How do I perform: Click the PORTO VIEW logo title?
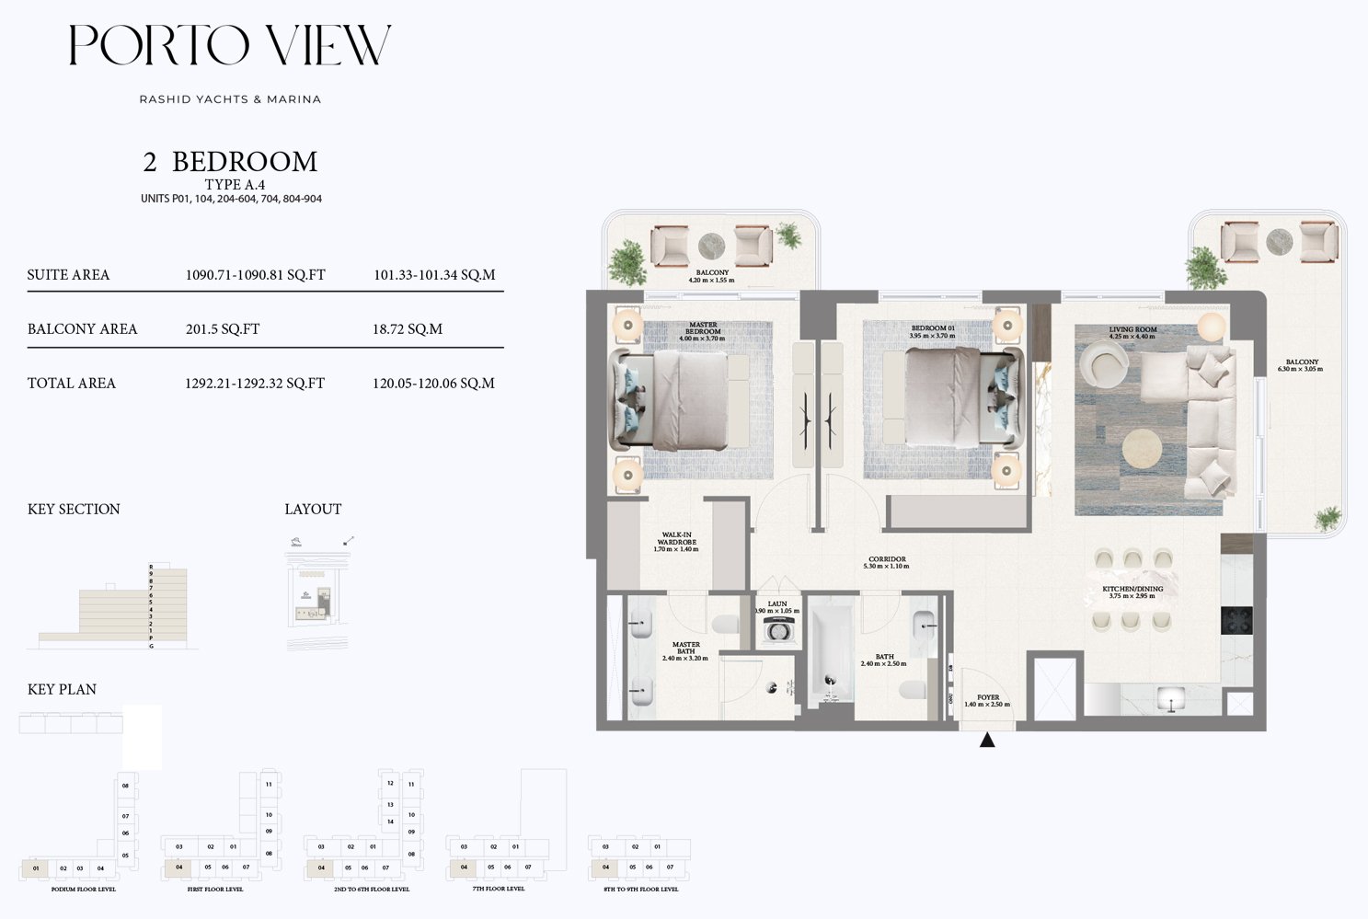(230, 45)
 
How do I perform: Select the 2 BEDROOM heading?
(230, 162)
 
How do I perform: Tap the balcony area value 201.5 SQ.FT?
(223, 328)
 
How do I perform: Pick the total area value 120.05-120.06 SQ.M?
(433, 383)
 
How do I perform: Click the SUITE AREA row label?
(68, 274)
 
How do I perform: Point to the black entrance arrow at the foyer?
(987, 740)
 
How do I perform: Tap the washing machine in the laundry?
(777, 631)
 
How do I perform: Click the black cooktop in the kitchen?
(1236, 620)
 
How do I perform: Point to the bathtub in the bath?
(831, 654)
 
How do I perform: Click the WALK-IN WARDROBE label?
(676, 542)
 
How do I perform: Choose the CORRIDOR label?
(887, 562)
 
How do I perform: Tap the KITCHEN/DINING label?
(1132, 592)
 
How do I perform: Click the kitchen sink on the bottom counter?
(1170, 699)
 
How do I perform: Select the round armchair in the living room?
(1102, 363)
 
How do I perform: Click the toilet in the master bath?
(727, 626)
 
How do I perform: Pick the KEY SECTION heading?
(74, 509)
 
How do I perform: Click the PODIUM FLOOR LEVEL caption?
(84, 890)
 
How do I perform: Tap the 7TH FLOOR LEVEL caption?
(499, 889)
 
